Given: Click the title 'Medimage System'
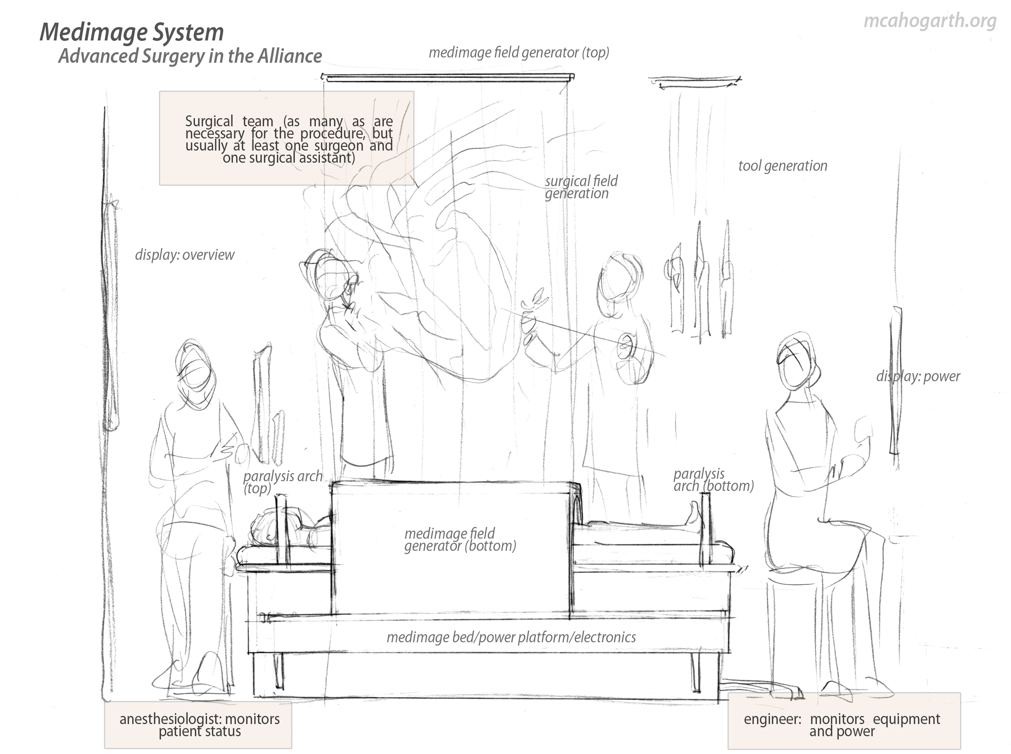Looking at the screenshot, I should [x=132, y=32].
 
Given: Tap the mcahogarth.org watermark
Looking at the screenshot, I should [x=930, y=21].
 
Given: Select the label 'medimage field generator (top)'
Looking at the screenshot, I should [x=518, y=53].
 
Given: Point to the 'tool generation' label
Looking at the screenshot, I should [x=782, y=166].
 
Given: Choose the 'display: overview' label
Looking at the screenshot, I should [x=184, y=255].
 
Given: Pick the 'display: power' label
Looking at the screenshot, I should [x=918, y=376].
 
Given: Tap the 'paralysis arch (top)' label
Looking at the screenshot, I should [x=282, y=482].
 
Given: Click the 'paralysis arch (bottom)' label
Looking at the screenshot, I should [x=713, y=480].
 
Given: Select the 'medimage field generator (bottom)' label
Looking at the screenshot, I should [x=460, y=539].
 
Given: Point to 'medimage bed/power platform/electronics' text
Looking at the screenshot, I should [x=511, y=637].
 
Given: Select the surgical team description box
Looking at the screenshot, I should [x=286, y=138].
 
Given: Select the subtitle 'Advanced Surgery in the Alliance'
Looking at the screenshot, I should [x=190, y=56].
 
